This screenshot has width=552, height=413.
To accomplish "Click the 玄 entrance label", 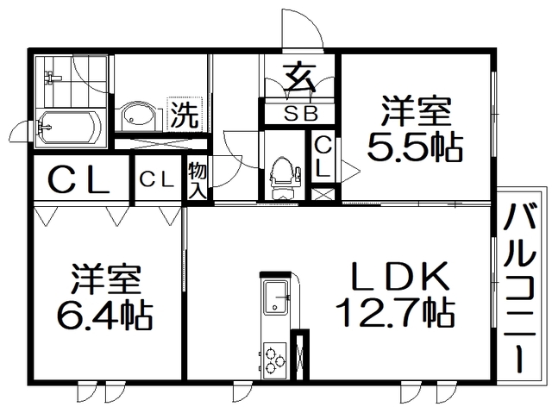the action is pyautogui.click(x=300, y=77).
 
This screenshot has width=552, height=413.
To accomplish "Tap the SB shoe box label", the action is pyautogui.click(x=301, y=114).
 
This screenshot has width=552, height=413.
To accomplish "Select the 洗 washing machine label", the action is pyautogui.click(x=185, y=115).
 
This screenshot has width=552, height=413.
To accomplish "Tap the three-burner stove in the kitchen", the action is pyautogui.click(x=274, y=360).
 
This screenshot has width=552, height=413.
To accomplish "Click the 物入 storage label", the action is pyautogui.click(x=197, y=180).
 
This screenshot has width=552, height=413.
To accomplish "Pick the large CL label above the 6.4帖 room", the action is pyautogui.click(x=79, y=179).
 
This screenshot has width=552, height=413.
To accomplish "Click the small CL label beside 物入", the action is pyautogui.click(x=157, y=179).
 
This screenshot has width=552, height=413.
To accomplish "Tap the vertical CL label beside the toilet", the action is pyautogui.click(x=322, y=157).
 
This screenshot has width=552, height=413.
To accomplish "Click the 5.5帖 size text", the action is pyautogui.click(x=414, y=147).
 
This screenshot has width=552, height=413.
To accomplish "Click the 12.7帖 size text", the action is pyautogui.click(x=395, y=312).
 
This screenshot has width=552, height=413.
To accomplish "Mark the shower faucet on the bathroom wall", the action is pyautogui.click(x=51, y=78).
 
